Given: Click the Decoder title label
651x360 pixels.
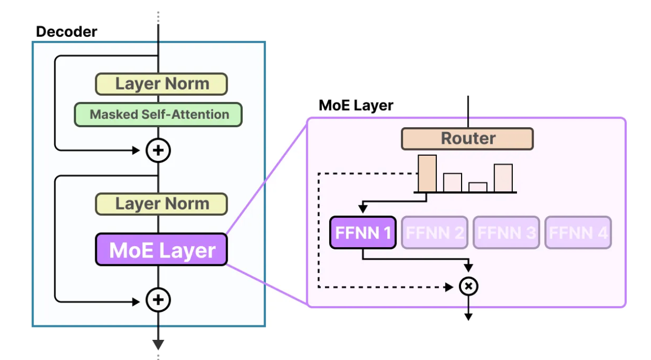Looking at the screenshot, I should coord(66,32).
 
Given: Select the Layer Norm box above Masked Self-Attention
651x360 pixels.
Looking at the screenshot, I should coord(161,84).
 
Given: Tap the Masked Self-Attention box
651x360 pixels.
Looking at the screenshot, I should coord(158,114).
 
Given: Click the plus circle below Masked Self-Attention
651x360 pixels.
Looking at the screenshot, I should coord(158,151).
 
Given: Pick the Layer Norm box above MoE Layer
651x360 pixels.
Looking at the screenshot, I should coord(161,204).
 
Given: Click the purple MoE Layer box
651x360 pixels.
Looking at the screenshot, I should coord(161,250).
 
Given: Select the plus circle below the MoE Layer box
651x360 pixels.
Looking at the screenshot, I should coord(158,299).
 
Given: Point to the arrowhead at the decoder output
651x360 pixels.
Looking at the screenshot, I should coord(158,344).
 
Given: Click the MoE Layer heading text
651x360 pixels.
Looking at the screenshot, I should coord(356,106).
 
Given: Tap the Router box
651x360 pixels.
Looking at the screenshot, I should coord(467,139).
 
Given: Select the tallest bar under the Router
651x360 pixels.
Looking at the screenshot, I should coord(427,173).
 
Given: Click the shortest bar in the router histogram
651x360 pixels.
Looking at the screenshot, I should coord(478,187).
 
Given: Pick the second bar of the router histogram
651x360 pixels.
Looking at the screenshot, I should coord(452,183).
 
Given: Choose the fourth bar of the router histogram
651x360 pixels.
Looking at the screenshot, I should coord(503,178).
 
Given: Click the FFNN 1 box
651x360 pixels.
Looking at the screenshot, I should coord(363,233).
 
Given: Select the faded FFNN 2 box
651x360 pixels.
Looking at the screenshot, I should coord(434,233).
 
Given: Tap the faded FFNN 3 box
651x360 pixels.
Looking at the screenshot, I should coord(506,233).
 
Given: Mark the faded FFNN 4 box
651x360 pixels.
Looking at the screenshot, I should coord(578,233).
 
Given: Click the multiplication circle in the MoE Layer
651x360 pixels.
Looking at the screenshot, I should coord(469,286).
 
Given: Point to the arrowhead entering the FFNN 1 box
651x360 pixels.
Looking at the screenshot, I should coord(363,209).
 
